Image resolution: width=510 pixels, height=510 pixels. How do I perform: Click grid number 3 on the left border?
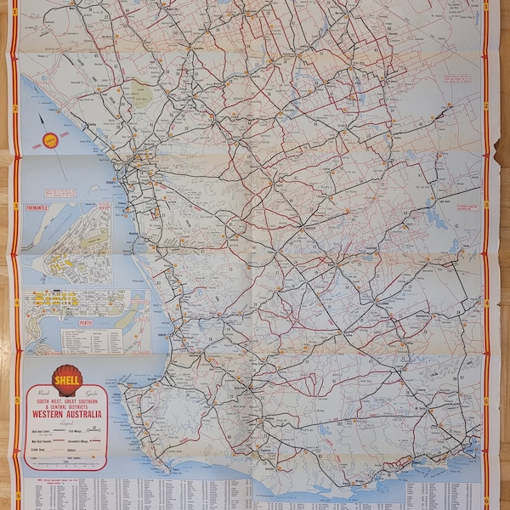pyautogui.click(x=16, y=205)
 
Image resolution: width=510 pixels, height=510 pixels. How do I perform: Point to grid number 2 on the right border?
pyautogui.click(x=486, y=107)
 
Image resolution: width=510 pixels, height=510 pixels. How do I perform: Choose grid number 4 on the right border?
pyautogui.click(x=486, y=301)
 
